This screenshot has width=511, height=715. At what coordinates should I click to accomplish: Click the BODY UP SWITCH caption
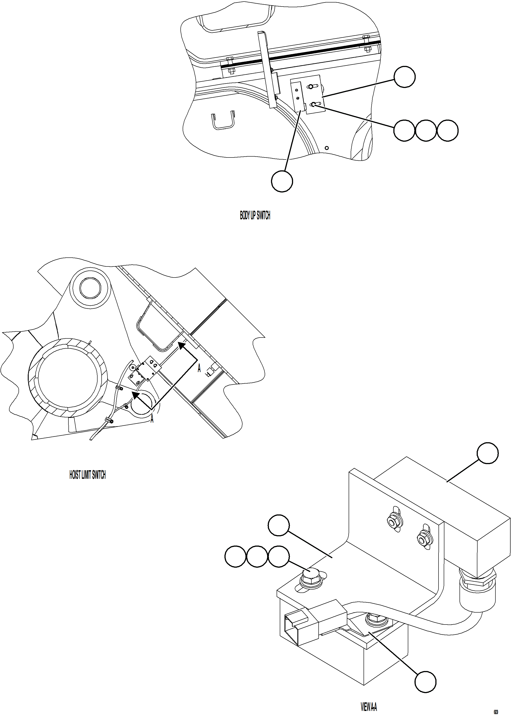255,215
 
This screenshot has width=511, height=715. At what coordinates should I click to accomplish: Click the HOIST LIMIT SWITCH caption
87,475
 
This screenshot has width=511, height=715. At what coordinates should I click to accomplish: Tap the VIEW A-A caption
369,707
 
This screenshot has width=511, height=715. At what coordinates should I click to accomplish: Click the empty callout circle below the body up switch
282,181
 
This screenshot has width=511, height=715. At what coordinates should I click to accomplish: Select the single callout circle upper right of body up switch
405,77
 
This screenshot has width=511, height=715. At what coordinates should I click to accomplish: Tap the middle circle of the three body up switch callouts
426,130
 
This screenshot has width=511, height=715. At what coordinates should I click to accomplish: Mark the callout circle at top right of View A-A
487,453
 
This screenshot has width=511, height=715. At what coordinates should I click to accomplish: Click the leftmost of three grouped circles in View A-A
235,557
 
